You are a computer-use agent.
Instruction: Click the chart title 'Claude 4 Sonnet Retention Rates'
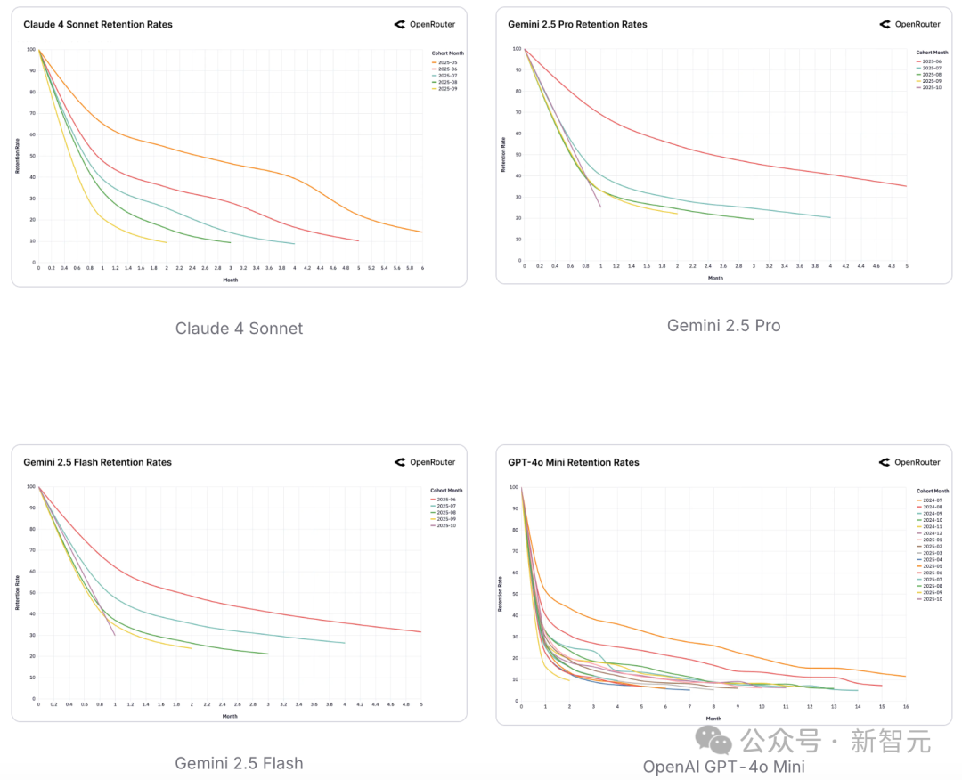coord(98,25)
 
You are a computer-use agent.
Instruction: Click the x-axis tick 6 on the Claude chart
coord(422,268)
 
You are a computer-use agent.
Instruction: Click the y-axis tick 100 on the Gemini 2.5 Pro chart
coord(516,48)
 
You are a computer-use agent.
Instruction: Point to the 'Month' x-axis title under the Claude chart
coord(230,280)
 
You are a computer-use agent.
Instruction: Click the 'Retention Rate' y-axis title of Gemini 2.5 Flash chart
coord(17,592)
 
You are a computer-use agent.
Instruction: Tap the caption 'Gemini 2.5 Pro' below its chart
coord(723,326)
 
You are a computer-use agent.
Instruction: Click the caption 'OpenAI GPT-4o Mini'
coord(723,767)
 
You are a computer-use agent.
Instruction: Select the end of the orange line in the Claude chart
coord(421,232)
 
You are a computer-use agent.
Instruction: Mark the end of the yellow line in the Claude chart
coord(167,242)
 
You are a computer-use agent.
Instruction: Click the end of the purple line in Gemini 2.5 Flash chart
coord(115,635)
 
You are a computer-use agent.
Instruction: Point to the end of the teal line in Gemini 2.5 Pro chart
coord(830,217)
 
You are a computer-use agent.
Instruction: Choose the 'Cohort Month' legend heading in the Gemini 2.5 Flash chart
coord(446,491)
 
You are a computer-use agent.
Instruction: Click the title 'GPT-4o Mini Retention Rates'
coord(574,463)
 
